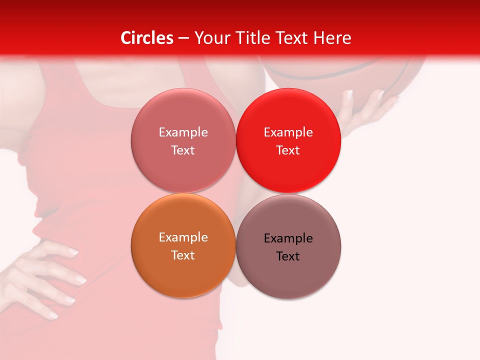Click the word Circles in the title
click(146, 38)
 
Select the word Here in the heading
click(332, 38)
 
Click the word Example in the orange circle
click(183, 237)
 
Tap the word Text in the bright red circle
click(288, 150)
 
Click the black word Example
click(288, 238)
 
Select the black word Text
click(288, 256)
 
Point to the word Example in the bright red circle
click(288, 132)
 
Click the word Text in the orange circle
click(183, 255)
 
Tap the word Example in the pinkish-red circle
click(183, 132)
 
